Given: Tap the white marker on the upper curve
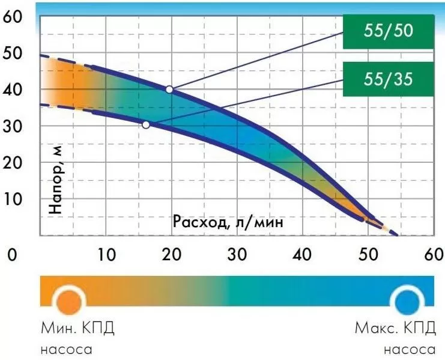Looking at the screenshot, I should click(x=169, y=89).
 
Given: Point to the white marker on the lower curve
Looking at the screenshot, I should click(x=146, y=124).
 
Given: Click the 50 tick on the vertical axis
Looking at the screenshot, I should click(x=13, y=54).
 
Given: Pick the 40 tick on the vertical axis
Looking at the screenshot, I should click(x=13, y=91).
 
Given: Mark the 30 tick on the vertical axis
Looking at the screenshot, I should click(x=13, y=127).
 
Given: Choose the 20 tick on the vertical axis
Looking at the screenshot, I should click(x=13, y=163).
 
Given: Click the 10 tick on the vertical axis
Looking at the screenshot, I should click(x=13, y=198).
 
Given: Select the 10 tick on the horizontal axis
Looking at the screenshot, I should click(x=106, y=255).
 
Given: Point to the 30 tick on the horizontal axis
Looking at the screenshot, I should click(x=237, y=255).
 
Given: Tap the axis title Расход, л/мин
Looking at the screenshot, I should click(x=228, y=221).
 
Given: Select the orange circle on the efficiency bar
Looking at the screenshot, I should click(x=68, y=299).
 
